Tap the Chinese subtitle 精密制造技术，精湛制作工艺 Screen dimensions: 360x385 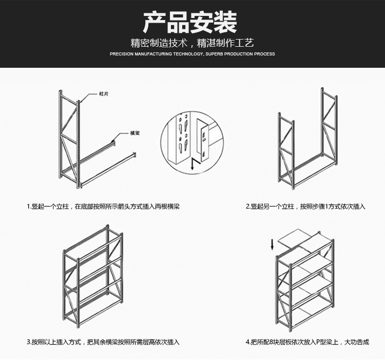(x=192, y=43)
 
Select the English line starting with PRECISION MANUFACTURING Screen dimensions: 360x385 (x=192, y=54)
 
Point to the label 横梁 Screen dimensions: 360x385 (x=135, y=132)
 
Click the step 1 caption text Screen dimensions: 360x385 (x=103, y=206)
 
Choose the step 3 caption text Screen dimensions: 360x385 (x=103, y=342)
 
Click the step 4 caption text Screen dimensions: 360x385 (x=307, y=342)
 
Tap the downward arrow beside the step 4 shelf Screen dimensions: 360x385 (x=273, y=245)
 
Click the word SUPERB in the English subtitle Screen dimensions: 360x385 (x=214, y=54)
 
